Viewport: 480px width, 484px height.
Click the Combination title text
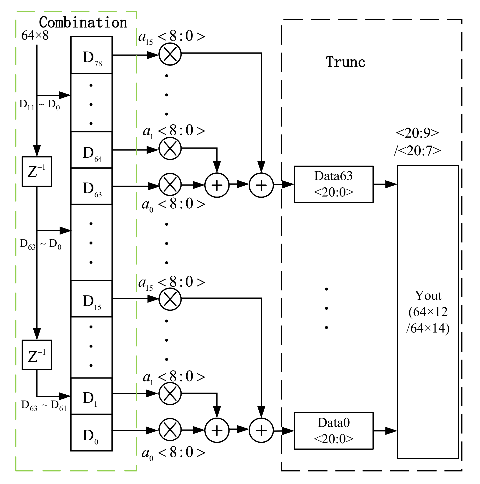pos(83,23)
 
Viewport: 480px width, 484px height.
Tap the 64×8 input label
pos(35,35)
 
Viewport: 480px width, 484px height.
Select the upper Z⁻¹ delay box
pos(37,171)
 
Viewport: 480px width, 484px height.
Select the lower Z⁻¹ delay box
pos(37,355)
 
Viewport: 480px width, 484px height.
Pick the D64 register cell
pos(91,150)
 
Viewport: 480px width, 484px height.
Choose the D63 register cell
pos(91,186)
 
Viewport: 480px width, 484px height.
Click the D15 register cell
pos(91,299)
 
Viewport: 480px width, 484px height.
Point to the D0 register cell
pos(91,433)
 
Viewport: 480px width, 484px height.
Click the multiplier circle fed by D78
pos(170,54)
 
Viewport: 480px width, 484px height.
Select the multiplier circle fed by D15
pos(170,299)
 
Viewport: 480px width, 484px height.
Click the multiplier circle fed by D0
pos(170,430)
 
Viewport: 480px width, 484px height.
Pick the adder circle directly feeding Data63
pos(261,185)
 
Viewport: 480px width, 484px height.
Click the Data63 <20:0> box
pos(333,184)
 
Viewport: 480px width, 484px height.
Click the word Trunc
pos(345,62)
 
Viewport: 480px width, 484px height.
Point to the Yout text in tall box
pos(428,296)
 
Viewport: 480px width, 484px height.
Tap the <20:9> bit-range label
pos(417,133)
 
